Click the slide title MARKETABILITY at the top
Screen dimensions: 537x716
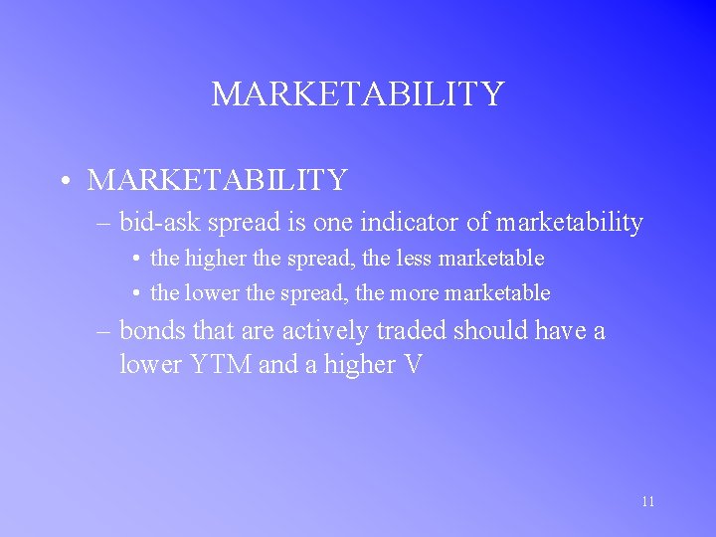tap(358, 94)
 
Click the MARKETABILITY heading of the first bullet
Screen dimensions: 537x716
tap(217, 180)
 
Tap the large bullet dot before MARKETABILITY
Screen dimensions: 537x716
tap(63, 182)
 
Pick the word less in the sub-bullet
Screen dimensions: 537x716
tap(417, 259)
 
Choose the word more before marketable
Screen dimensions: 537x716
tap(415, 293)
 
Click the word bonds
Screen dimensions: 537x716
tap(153, 330)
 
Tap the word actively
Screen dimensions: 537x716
tap(321, 330)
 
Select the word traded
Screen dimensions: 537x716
tap(409, 330)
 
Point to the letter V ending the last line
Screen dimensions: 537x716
tap(414, 365)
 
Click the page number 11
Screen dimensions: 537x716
tap(647, 502)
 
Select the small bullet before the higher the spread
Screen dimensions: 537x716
tap(134, 260)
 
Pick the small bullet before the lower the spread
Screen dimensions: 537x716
tap(134, 294)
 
